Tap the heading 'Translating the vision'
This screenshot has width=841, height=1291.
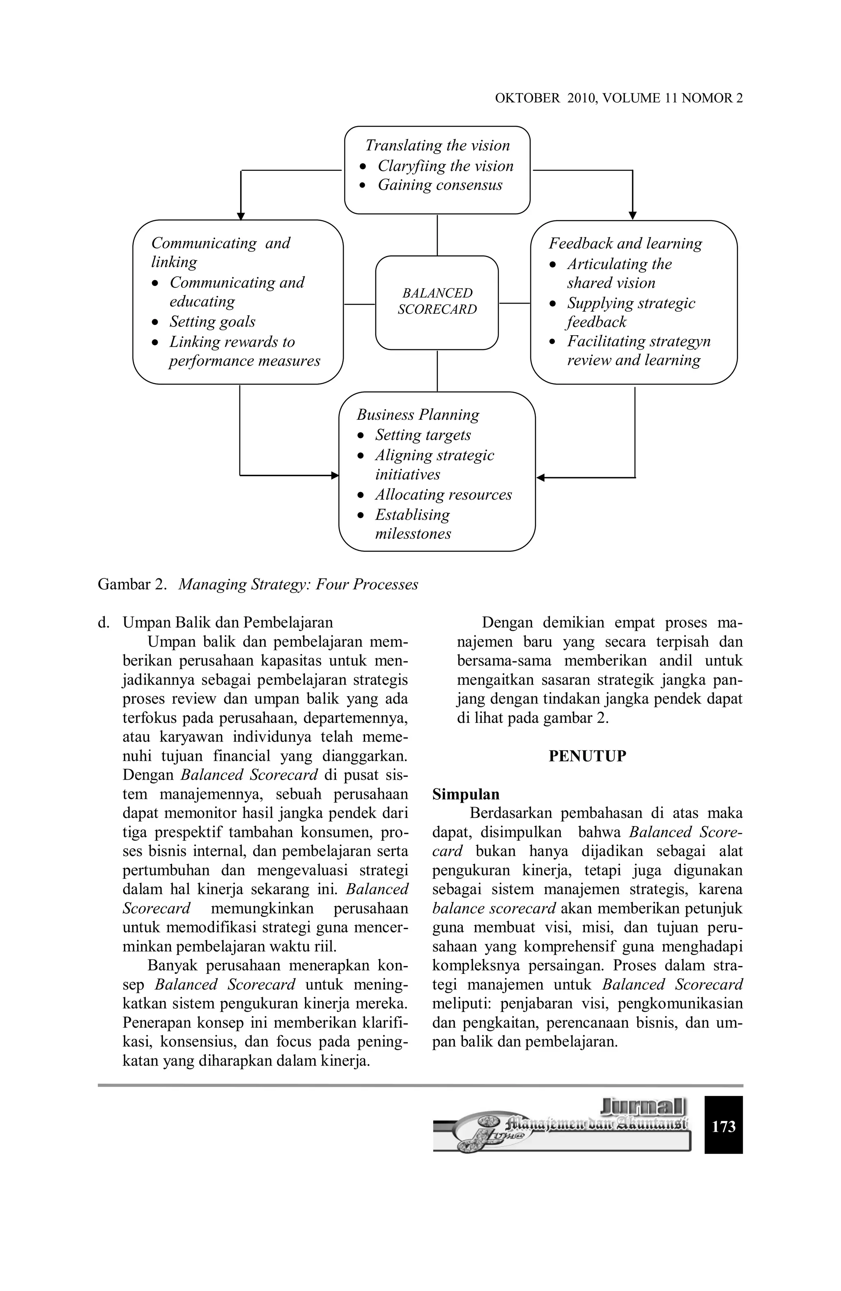point(437,145)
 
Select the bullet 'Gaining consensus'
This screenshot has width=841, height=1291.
point(439,185)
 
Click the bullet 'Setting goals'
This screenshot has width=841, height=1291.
point(212,322)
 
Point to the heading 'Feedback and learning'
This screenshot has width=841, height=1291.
point(625,244)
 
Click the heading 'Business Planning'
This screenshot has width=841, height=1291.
point(418,415)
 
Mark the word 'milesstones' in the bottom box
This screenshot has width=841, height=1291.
point(413,534)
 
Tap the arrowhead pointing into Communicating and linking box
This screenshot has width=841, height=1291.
point(241,216)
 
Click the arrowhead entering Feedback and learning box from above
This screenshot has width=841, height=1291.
point(632,216)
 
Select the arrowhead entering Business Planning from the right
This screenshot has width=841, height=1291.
point(540,478)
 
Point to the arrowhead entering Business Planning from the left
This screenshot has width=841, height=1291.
point(335,476)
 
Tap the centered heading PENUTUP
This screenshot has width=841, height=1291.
point(587,756)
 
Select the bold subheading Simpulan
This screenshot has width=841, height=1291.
point(465,794)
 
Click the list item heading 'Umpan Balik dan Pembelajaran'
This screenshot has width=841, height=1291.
point(228,622)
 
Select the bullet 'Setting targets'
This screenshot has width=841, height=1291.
point(423,435)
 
